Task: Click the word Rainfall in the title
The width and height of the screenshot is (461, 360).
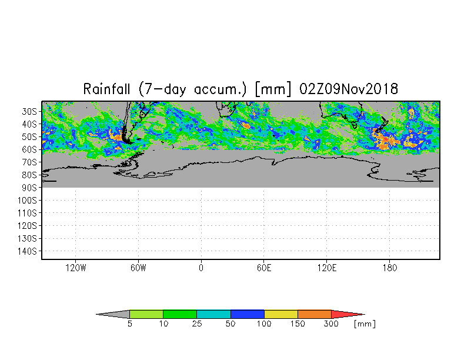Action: (x=106, y=89)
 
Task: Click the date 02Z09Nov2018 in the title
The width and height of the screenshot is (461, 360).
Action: (x=349, y=89)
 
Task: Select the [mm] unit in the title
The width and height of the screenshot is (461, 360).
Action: (x=273, y=89)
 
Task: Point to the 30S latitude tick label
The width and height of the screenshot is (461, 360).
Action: (x=29, y=112)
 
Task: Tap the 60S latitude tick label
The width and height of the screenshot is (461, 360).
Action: (x=29, y=149)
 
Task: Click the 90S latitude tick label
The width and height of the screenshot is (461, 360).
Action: (x=29, y=187)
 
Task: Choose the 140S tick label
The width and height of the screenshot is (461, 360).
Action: (x=27, y=251)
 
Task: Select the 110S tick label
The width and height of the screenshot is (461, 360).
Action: (x=27, y=213)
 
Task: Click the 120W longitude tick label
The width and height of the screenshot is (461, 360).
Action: (x=76, y=268)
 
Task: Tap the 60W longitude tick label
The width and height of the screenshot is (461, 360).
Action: (x=139, y=268)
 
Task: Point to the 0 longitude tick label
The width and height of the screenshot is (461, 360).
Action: (x=201, y=268)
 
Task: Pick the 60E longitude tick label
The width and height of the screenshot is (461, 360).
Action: (x=264, y=268)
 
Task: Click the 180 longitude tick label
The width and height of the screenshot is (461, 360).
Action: (x=389, y=268)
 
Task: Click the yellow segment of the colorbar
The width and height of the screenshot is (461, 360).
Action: (x=281, y=314)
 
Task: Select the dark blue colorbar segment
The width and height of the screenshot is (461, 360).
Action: (x=247, y=314)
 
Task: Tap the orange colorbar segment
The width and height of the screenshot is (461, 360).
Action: (x=315, y=314)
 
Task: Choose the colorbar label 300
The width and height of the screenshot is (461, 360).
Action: (x=332, y=324)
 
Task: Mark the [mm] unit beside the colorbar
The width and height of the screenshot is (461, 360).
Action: (x=365, y=324)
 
